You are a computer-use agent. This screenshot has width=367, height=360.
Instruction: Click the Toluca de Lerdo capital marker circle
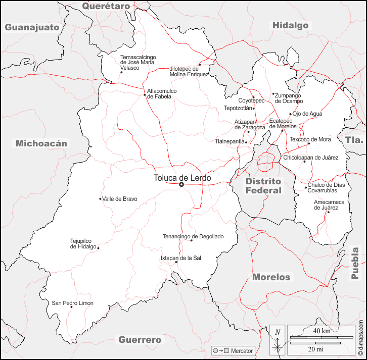[x=181, y=185]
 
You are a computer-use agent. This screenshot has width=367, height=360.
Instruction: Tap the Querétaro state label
[x=106, y=6]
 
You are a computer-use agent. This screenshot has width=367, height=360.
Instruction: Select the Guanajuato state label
[x=32, y=27]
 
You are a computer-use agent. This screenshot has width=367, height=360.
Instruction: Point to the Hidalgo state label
[x=290, y=25]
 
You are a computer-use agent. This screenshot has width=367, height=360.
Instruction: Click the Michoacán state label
[x=41, y=143]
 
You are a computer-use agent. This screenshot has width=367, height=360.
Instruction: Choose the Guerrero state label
[x=140, y=340]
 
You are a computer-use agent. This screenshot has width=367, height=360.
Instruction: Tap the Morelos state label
[x=271, y=277]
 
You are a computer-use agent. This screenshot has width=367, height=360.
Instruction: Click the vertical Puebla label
[x=355, y=264]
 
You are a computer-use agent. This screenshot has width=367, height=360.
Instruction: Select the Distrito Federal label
[x=263, y=186]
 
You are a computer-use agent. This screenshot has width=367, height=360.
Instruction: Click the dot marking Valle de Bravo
[x=100, y=199]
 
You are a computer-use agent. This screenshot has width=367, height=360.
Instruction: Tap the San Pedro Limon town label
[x=73, y=303]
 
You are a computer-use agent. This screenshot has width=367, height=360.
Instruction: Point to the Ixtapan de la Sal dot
[x=176, y=262]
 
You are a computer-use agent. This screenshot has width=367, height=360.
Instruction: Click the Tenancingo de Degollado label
[x=193, y=236]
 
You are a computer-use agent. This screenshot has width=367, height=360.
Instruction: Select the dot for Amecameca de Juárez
[x=328, y=212]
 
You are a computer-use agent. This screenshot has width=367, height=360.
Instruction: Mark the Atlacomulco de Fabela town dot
[x=145, y=94]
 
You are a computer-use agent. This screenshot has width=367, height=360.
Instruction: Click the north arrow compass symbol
[x=278, y=340]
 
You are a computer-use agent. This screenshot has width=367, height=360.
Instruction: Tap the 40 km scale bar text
[x=322, y=331]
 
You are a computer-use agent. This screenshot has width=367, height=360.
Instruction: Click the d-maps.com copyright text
[x=361, y=337]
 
